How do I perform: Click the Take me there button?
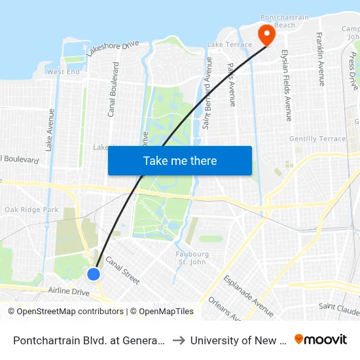(x=180, y=161)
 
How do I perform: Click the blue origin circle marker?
(x=94, y=274)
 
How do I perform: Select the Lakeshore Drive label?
(x=113, y=50)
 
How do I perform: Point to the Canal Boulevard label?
(x=113, y=90)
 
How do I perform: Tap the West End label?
(x=63, y=72)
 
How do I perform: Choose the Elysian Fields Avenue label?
(x=285, y=85)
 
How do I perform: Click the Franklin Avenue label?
(x=321, y=59)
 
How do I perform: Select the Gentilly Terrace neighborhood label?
(x=317, y=139)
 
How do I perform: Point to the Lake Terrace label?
(x=229, y=45)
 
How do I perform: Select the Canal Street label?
(x=122, y=269)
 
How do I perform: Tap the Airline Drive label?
(x=69, y=291)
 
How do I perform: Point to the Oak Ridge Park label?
(x=31, y=209)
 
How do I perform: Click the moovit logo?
(x=321, y=340)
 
